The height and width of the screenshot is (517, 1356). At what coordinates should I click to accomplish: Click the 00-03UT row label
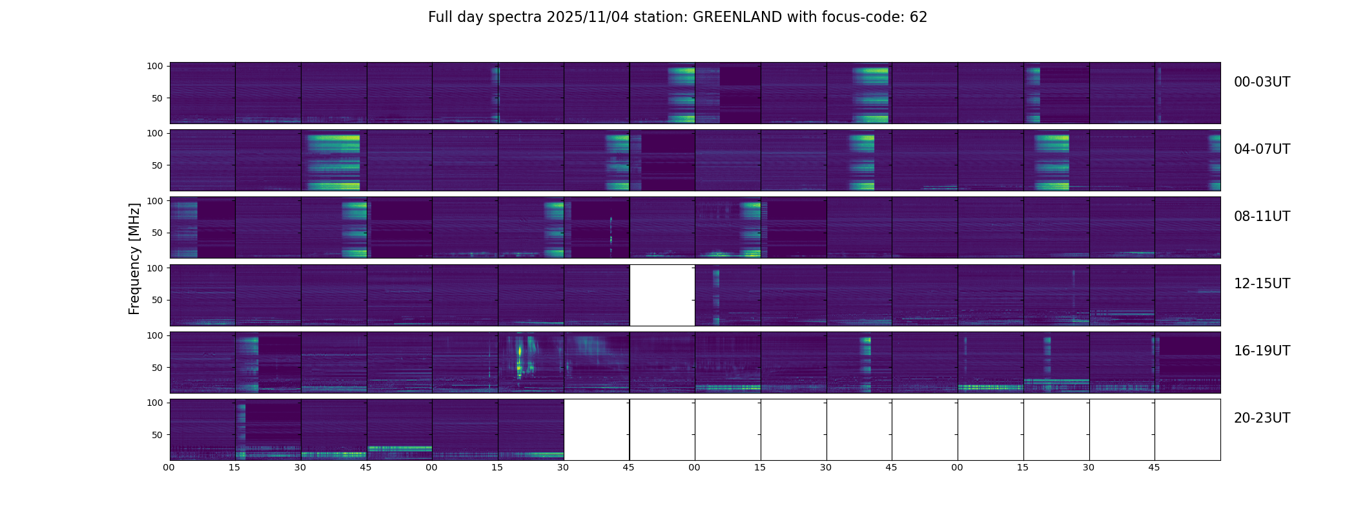[x=1262, y=82]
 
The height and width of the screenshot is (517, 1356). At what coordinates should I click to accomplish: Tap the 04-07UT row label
[x=1262, y=149]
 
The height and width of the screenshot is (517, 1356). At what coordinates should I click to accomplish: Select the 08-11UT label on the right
[x=1262, y=216]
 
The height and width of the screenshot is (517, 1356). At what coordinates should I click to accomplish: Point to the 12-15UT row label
[x=1262, y=284]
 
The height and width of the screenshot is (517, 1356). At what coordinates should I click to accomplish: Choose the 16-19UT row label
[x=1262, y=351]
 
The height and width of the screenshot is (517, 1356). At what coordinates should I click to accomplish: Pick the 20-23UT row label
[x=1262, y=418]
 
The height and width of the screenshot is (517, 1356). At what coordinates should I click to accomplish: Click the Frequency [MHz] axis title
[x=134, y=258]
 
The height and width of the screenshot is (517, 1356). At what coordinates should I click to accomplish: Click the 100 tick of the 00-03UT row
[x=155, y=66]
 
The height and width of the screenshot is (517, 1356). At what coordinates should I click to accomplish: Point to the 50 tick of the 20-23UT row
[x=158, y=435]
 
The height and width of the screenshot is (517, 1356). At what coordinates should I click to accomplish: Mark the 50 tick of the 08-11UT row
[x=158, y=233]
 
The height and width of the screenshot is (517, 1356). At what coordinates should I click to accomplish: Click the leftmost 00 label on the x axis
[x=169, y=467]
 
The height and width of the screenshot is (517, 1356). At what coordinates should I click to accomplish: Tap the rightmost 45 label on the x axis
[x=1154, y=467]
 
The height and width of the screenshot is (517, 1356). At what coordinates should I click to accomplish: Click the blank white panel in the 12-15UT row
[x=662, y=295]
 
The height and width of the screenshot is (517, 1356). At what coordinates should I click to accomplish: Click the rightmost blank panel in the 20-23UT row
[x=1187, y=429]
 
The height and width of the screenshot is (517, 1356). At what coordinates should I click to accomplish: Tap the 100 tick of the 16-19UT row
[x=155, y=335]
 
